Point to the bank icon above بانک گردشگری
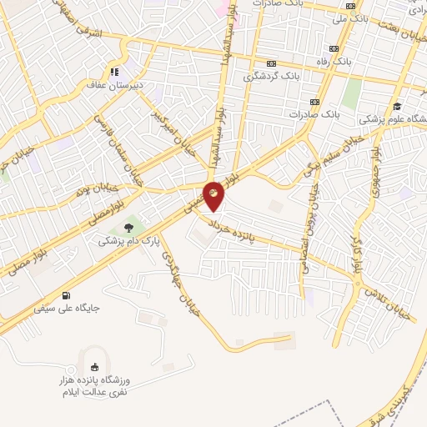pos(271,63)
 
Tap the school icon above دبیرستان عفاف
pos(114,72)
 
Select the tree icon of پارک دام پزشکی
pos(128,226)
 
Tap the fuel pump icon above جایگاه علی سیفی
pos(66,294)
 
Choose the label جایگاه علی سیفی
pos(67,308)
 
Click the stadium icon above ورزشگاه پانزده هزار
pos(94,367)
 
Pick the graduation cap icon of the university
pos(398,106)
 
